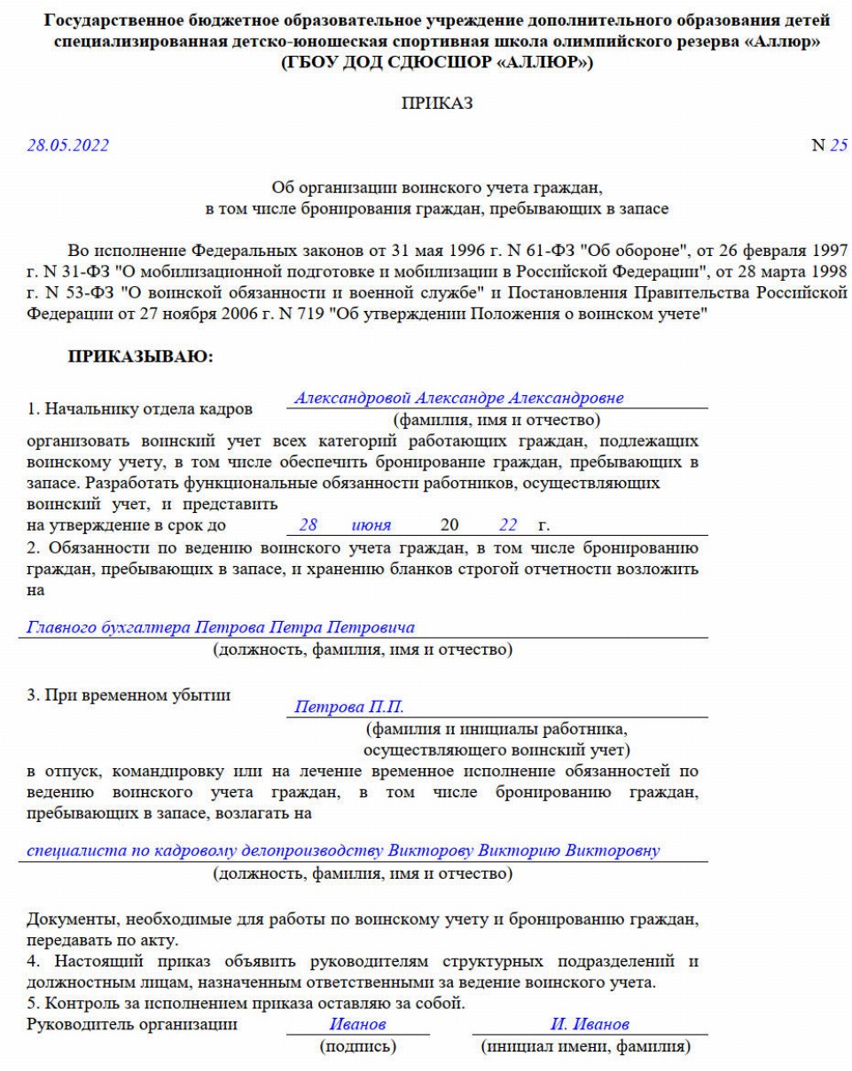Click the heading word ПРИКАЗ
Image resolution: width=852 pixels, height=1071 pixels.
pos(426,104)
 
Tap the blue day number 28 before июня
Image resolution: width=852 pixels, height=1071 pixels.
pos(308,525)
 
